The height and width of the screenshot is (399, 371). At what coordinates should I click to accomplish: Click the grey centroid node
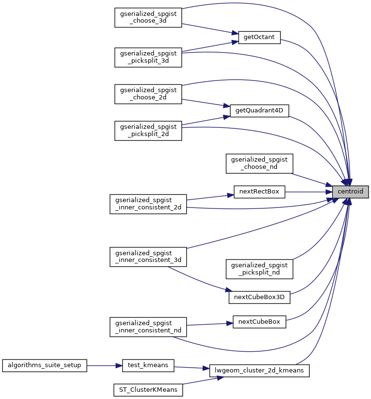point(350,192)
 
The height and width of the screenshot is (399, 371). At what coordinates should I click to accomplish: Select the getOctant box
point(259,38)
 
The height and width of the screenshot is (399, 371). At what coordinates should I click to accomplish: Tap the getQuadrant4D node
point(259,110)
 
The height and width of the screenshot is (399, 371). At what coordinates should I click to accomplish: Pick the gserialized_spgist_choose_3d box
point(148,17)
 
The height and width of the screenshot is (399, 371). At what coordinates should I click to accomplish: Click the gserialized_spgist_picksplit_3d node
point(148,57)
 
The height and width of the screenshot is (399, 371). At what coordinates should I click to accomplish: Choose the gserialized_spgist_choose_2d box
point(148,94)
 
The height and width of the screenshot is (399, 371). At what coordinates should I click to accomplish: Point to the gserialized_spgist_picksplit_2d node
point(148,131)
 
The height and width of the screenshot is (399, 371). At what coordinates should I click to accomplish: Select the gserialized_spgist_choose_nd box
point(259,164)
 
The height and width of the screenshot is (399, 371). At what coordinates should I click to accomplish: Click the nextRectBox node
point(259,192)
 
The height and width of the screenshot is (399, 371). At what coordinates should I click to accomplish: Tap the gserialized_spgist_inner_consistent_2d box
point(148,204)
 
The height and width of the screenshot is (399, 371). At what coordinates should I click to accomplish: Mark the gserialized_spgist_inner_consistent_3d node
point(148,257)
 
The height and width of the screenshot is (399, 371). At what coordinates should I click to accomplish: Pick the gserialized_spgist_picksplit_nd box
point(259,269)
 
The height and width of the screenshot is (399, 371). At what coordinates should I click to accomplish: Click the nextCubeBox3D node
point(259,298)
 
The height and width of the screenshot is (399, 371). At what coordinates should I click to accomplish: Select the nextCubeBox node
point(259,322)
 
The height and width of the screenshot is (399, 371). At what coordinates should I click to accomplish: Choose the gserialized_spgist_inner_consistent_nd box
point(148,327)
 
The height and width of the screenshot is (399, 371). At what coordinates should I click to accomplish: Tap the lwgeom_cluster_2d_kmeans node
point(259,371)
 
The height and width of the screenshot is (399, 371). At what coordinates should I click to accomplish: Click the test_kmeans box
point(148,366)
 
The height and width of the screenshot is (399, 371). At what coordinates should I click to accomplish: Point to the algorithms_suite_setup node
point(44,366)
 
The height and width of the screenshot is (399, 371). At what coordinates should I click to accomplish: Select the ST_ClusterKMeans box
point(148,390)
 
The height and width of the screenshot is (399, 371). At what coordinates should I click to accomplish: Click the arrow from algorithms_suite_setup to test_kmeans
point(105,366)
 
